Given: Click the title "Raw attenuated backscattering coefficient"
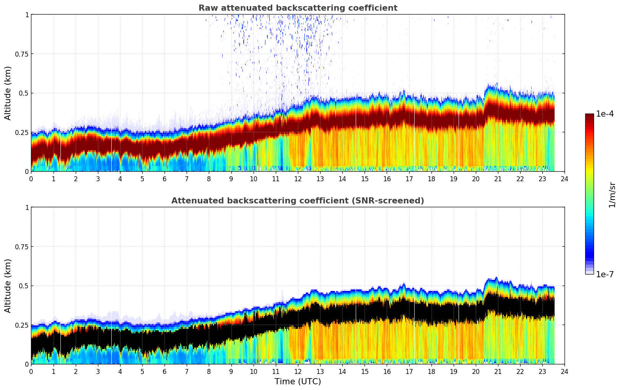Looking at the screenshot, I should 298,8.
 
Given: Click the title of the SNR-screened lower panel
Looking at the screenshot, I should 298,201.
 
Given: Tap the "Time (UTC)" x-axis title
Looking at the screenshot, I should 298,382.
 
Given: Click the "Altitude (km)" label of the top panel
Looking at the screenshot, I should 8,93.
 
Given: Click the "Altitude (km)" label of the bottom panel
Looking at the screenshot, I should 8,286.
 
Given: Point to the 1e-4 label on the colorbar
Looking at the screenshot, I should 605,114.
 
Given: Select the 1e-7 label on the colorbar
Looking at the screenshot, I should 605,275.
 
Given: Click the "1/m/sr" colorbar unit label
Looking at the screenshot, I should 612,195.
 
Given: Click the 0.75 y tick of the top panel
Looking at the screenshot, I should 21,54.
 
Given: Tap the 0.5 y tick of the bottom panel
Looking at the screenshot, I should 24,286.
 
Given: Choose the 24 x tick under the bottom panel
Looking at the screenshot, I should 565,372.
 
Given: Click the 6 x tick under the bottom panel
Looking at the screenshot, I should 164,372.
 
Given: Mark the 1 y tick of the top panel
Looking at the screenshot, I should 27,15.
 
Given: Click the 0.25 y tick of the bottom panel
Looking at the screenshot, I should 21,325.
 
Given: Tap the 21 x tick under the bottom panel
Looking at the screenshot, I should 498,372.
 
